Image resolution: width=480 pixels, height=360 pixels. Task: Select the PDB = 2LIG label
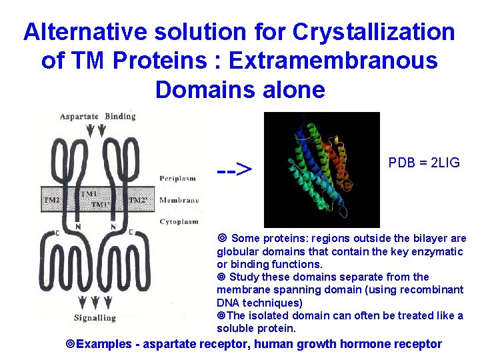tap(424, 163)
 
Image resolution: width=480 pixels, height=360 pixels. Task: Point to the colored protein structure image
tap(321, 169)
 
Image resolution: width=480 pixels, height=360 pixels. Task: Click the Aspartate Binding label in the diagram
tap(97, 116)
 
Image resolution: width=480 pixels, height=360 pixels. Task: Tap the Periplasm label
tap(178, 178)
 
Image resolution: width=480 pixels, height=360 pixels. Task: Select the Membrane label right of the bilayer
tap(179, 200)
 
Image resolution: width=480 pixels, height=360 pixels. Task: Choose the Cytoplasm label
tap(179, 221)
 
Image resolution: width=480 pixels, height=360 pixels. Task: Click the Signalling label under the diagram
tap(95, 317)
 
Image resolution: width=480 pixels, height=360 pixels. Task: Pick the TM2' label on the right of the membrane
tap(138, 199)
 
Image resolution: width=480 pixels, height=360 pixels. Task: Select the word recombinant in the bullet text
tap(431, 289)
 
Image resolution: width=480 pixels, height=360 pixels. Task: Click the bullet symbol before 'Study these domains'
tap(221, 277)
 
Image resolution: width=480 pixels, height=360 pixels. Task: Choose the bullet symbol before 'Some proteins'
tap(222, 239)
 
